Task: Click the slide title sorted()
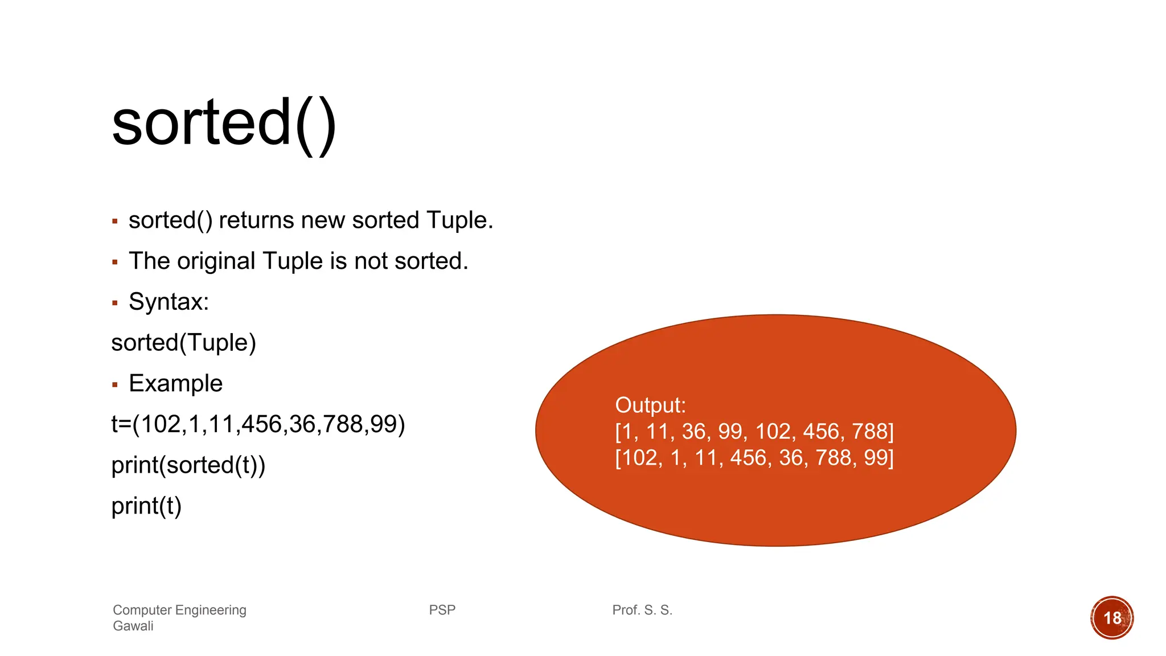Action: pos(224,123)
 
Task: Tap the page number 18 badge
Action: pos(1111,618)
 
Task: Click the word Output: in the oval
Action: pos(650,405)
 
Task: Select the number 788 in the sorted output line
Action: pos(872,432)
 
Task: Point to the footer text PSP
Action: pos(442,610)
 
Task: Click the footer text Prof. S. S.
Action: pos(642,610)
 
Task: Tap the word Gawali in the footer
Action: pos(133,626)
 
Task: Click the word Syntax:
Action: pos(169,302)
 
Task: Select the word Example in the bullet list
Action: pos(175,383)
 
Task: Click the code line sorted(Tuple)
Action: pos(183,343)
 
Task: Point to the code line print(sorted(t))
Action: pos(188,465)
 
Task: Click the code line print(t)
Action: pos(146,506)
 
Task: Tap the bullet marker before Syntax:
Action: pos(115,303)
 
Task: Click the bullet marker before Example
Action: pos(115,385)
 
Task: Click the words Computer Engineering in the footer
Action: pos(179,610)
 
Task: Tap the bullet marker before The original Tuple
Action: pos(115,262)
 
